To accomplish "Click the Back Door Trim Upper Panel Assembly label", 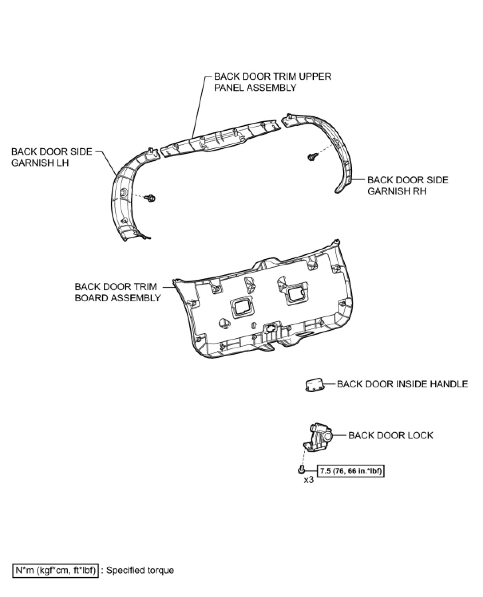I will pyautogui.click(x=273, y=82).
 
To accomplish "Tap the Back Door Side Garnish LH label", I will pyautogui.click(x=51, y=157).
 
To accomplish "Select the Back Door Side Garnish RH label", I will pyautogui.click(x=408, y=185).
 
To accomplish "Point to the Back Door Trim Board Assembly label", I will pyautogui.click(x=118, y=292).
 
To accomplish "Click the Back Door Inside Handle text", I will pyautogui.click(x=402, y=384).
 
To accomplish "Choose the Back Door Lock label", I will pyautogui.click(x=390, y=435).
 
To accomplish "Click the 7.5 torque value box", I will pyautogui.click(x=350, y=471).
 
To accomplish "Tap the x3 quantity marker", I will pyautogui.click(x=309, y=480).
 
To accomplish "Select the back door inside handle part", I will pyautogui.click(x=314, y=385).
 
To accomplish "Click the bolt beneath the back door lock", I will pyautogui.click(x=301, y=470).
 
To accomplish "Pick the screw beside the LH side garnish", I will pyautogui.click(x=150, y=198).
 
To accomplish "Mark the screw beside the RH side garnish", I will pyautogui.click(x=311, y=157).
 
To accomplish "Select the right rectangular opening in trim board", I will pyautogui.click(x=296, y=293).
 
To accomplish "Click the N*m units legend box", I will pyautogui.click(x=55, y=570).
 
